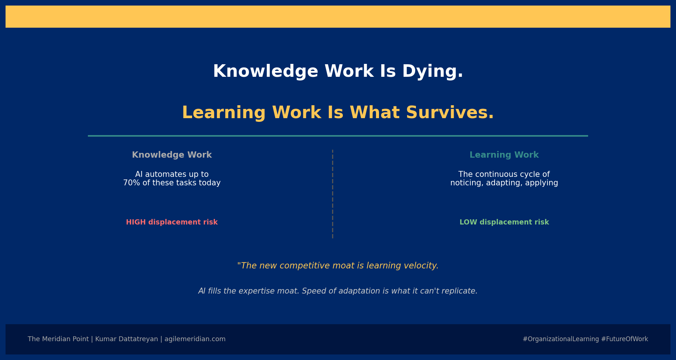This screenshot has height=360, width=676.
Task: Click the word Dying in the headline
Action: [433, 72]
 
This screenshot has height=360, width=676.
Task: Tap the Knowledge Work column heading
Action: [172, 155]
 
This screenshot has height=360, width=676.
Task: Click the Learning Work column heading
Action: [504, 155]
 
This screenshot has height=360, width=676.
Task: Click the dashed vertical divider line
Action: [332, 194]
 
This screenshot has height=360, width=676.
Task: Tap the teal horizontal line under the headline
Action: [338, 136]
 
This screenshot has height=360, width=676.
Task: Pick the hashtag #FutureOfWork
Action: [625, 339]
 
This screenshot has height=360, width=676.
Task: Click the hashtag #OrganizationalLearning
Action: [561, 339]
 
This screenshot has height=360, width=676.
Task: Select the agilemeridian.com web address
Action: [195, 339]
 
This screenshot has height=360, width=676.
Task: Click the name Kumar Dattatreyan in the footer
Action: [126, 339]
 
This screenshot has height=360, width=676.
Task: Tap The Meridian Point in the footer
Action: [58, 339]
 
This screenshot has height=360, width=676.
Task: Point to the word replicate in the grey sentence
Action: [462, 291]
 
